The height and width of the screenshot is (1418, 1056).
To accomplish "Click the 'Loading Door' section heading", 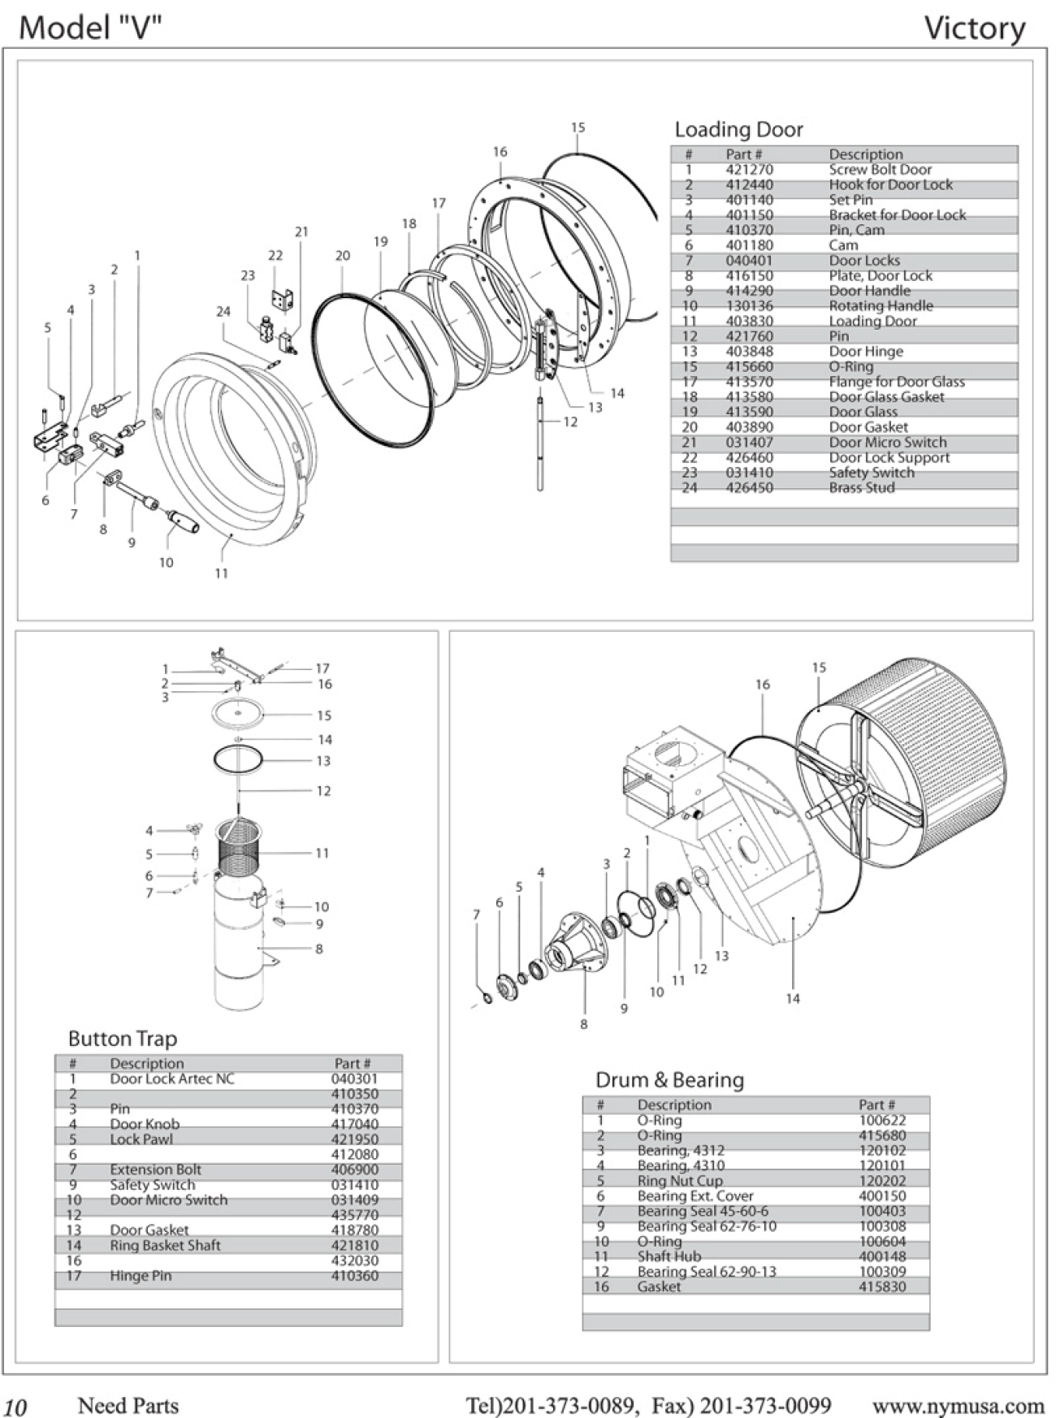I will pyautogui.click(x=738, y=130).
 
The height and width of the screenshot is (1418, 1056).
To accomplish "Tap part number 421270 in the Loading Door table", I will pyautogui.click(x=749, y=170).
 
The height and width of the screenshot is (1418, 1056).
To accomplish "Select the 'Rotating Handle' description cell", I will pyautogui.click(x=881, y=306).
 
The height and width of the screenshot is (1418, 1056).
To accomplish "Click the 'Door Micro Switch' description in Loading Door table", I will pyautogui.click(x=887, y=443).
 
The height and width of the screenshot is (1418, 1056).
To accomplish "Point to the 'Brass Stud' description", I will pyautogui.click(x=861, y=488).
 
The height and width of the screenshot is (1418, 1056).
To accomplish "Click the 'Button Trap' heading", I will pyautogui.click(x=122, y=1039).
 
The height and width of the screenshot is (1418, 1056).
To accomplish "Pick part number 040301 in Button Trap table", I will pyautogui.click(x=354, y=1079).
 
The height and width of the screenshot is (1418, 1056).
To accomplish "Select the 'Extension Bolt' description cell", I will pyautogui.click(x=155, y=1170).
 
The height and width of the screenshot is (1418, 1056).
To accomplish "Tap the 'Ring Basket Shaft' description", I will pyautogui.click(x=165, y=1246).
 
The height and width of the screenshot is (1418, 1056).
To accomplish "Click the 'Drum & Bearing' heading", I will pyautogui.click(x=669, y=1080).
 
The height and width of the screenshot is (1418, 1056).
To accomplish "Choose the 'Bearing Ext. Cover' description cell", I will pyautogui.click(x=695, y=1196).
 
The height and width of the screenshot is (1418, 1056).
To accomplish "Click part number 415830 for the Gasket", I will pyautogui.click(x=881, y=1287).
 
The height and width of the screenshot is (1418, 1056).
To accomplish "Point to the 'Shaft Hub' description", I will pyautogui.click(x=669, y=1256).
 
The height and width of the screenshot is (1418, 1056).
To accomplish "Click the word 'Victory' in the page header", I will pyautogui.click(x=975, y=29).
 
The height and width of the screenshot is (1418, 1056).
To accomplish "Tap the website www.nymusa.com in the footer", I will pyautogui.click(x=958, y=1406).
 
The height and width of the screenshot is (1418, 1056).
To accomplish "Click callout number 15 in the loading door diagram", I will pyautogui.click(x=578, y=128).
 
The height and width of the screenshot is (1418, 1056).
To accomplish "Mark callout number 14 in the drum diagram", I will pyautogui.click(x=793, y=998).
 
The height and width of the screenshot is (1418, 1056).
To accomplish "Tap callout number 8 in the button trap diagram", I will pyautogui.click(x=319, y=949).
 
